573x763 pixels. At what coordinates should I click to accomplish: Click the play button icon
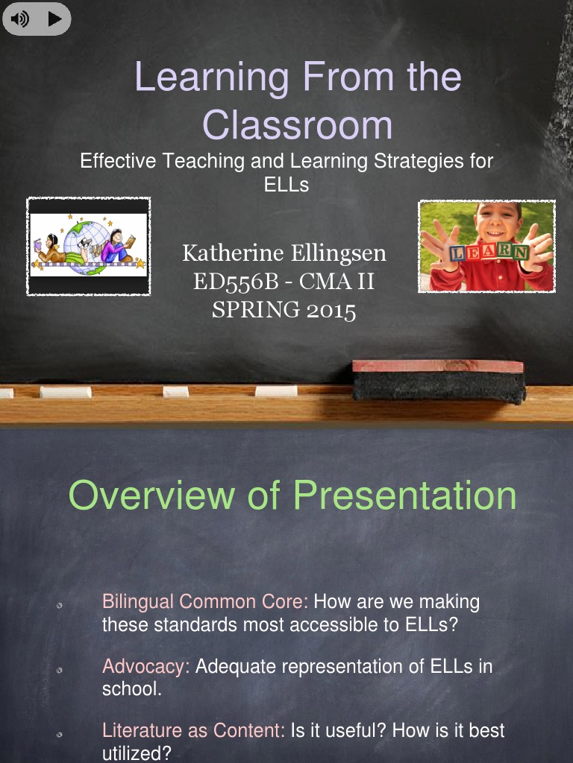point(54,19)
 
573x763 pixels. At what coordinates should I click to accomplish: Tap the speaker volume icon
point(20,19)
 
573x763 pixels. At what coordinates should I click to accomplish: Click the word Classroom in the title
point(297,124)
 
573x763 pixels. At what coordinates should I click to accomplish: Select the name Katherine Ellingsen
point(284,253)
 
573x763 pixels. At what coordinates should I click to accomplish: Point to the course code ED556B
point(236,282)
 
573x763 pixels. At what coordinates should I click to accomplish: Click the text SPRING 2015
point(284,309)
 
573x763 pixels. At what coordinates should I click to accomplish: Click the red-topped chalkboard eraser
point(439,381)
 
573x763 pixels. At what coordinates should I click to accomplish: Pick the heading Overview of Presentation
point(292,495)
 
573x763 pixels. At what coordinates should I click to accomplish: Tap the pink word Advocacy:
point(146,666)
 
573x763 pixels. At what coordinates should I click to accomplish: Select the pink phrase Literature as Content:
point(193,730)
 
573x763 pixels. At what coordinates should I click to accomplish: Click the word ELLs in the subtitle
point(286,184)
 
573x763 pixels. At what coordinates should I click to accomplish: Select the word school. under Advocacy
point(131,689)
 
